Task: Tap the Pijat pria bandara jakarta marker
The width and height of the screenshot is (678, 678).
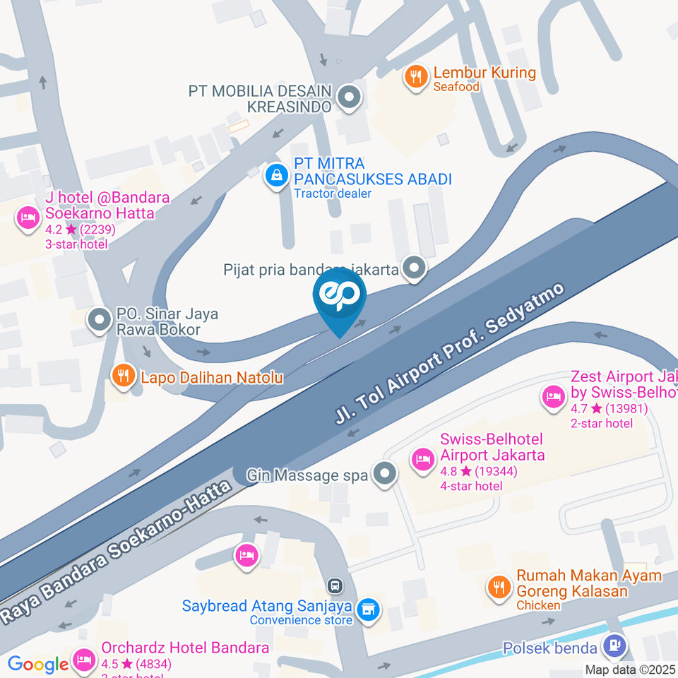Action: (x=414, y=268)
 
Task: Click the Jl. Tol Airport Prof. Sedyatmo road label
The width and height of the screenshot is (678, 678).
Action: (x=450, y=354)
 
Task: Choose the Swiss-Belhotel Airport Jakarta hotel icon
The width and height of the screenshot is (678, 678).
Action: (x=423, y=459)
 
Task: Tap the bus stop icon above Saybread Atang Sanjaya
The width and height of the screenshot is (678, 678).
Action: (x=335, y=585)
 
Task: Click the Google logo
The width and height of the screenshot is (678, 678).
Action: (x=37, y=664)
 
